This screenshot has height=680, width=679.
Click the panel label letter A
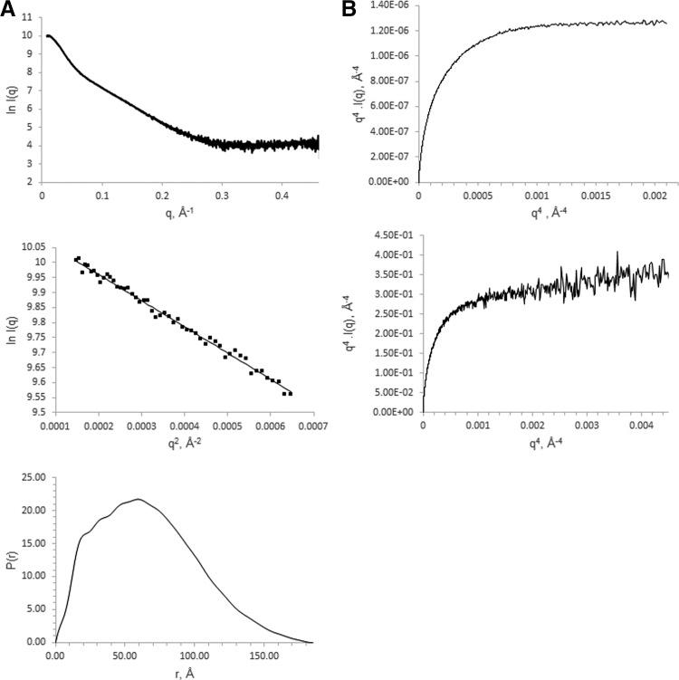click(x=8, y=9)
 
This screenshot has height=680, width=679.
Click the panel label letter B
click(x=350, y=9)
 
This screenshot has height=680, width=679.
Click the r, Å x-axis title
click(x=177, y=674)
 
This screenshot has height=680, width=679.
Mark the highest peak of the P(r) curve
click(x=138, y=499)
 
